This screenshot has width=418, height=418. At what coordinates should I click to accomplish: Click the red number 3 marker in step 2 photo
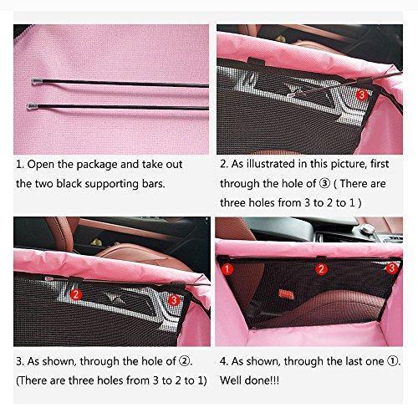tap(362, 95)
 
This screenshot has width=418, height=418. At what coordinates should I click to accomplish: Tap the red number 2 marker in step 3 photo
tap(76, 294)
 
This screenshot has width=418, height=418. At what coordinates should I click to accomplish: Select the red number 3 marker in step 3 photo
tap(174, 300)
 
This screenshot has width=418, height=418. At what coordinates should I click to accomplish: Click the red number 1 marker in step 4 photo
tap(227, 269)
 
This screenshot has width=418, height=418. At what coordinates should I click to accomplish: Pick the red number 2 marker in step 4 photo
tap(321, 269)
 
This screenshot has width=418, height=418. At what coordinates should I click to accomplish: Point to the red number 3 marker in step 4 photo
tap(392, 268)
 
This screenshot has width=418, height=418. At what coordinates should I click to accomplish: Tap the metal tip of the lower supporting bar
tap(33, 106)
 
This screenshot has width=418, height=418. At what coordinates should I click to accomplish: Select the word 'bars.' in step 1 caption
tap(153, 184)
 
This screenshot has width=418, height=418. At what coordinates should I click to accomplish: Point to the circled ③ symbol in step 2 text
tap(325, 184)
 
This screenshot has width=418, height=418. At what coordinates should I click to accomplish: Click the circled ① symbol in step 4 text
tap(392, 361)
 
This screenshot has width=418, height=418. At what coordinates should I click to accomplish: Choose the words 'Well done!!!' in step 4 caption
tap(249, 380)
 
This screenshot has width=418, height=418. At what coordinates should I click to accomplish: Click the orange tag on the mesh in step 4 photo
tap(286, 294)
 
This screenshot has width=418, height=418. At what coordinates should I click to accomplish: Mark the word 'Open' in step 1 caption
tap(40, 165)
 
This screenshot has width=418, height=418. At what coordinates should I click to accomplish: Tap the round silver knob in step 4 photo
tap(366, 229)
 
